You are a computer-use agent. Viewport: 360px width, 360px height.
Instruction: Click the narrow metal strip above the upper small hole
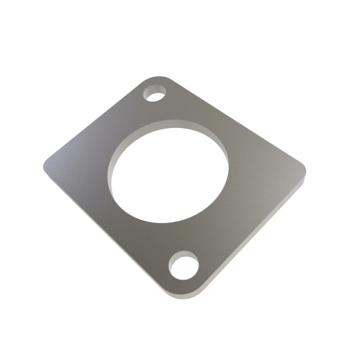pos(157,83)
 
